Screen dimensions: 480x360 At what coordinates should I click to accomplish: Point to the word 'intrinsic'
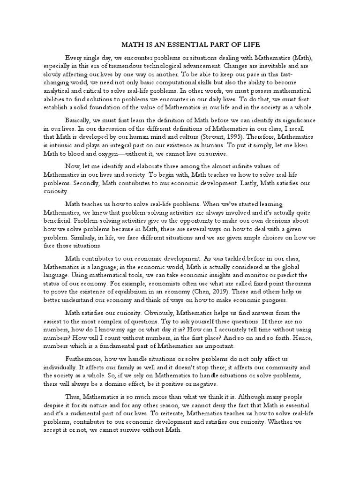pyautogui.click(x=63, y=145)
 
